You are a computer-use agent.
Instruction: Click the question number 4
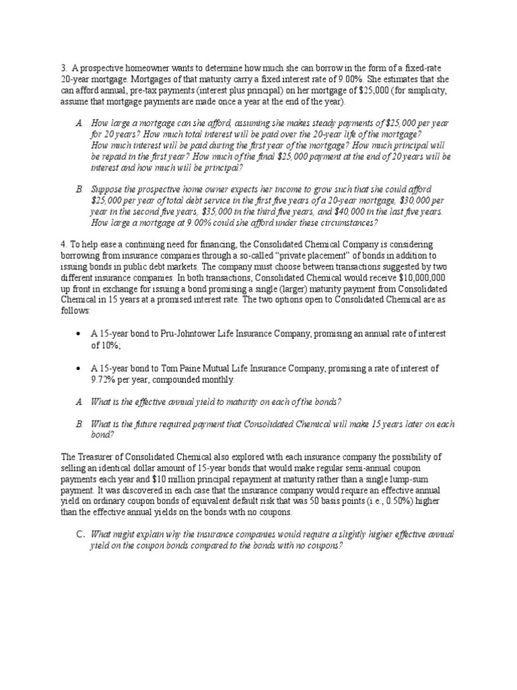click(x=63, y=244)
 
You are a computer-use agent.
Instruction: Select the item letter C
click(x=79, y=534)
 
